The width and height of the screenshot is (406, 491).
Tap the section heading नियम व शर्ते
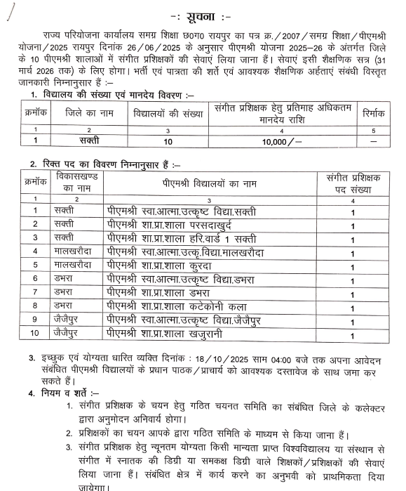(x=69, y=392)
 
